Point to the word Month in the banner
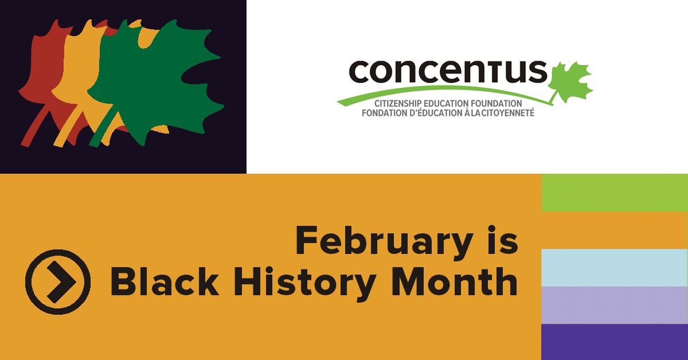point(456,283)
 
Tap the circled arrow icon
point(57,281)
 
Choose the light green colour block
point(615,193)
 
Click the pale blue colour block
point(615,268)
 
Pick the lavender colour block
point(615,305)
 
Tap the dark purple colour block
point(615,342)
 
